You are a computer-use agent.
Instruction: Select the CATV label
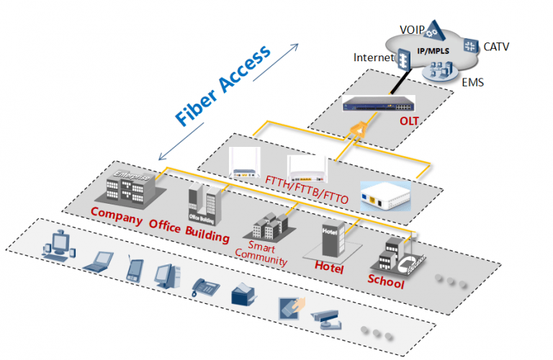point(496,48)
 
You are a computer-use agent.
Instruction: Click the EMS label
point(473,83)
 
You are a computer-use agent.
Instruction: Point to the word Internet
point(374,56)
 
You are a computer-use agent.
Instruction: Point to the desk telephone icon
point(205,287)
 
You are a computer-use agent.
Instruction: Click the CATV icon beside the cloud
point(470,45)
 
